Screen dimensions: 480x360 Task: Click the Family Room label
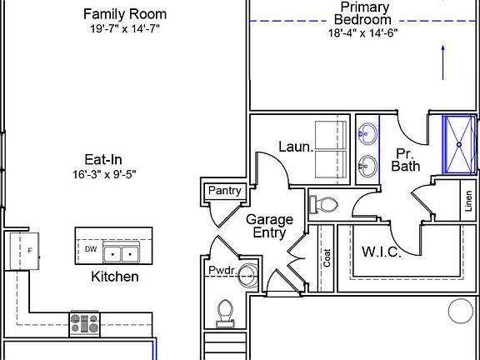125,14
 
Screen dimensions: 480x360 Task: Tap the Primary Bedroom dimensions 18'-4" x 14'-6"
363,32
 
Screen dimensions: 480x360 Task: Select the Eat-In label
103,159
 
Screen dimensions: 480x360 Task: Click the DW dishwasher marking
91,249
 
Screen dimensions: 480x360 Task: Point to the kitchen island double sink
121,252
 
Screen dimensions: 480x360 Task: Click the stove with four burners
85,324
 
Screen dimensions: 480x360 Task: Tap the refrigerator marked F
24,251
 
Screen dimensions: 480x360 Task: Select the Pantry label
225,190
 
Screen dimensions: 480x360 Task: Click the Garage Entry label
269,226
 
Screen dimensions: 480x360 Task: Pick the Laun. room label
296,147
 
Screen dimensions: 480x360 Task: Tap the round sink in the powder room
247,276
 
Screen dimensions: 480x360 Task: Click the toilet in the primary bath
323,204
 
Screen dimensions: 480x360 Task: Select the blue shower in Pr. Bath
459,144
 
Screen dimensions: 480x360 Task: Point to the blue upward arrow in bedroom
442,62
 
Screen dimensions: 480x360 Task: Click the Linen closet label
468,201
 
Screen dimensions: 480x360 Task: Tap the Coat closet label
327,257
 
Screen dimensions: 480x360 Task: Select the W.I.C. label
382,252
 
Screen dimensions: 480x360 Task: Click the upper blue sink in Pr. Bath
367,133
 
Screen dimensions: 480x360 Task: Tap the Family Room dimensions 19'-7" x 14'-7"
125,29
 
